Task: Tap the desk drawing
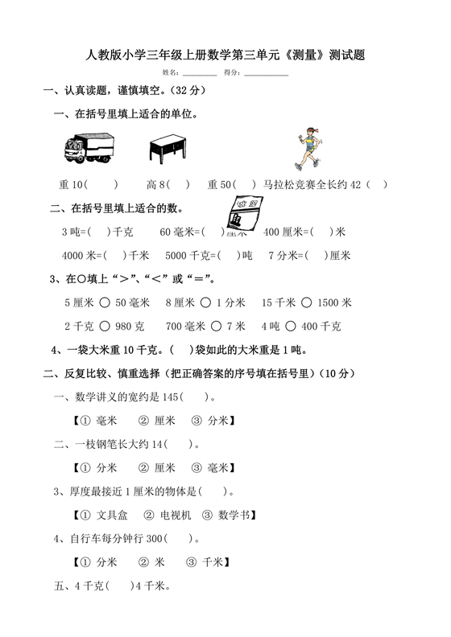170,149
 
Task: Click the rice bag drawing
245,216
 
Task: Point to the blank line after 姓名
200,73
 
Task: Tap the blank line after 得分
266,73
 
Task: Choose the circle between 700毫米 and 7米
217,327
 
